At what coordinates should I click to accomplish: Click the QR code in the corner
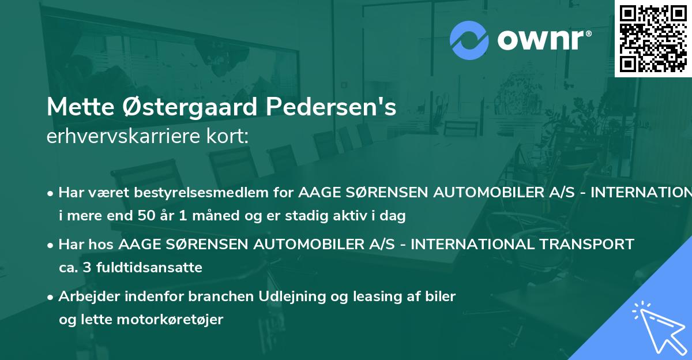(x=653, y=38)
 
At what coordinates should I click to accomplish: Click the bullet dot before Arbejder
(x=51, y=297)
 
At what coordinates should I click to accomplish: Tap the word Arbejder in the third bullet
(x=89, y=297)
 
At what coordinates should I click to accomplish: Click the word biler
(x=441, y=297)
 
